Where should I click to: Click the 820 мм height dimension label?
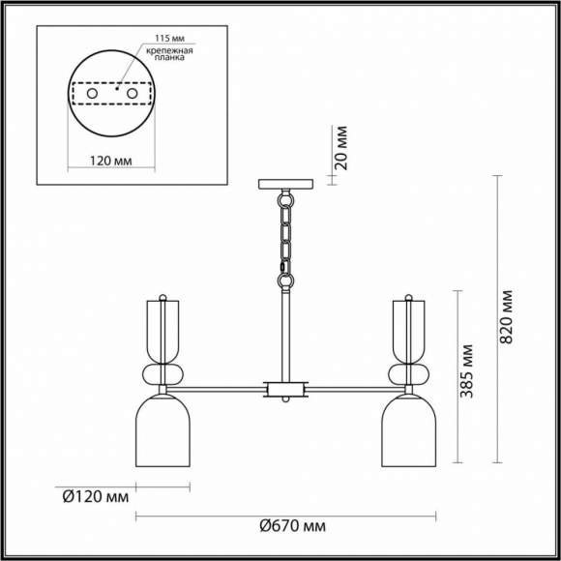[506, 317]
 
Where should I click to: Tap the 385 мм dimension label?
[466, 371]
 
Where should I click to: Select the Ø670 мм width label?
[293, 526]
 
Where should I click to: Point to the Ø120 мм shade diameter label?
[96, 497]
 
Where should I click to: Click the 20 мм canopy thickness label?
[341, 148]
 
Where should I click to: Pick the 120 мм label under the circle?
[110, 161]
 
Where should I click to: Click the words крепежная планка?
[169, 53]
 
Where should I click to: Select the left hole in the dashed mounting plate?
[92, 94]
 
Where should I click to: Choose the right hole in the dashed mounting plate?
[132, 94]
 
